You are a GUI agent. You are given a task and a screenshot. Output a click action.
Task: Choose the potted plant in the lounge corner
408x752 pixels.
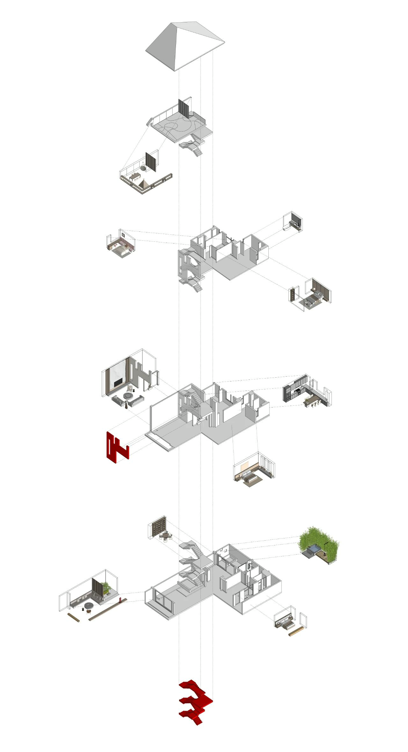[105, 586]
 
